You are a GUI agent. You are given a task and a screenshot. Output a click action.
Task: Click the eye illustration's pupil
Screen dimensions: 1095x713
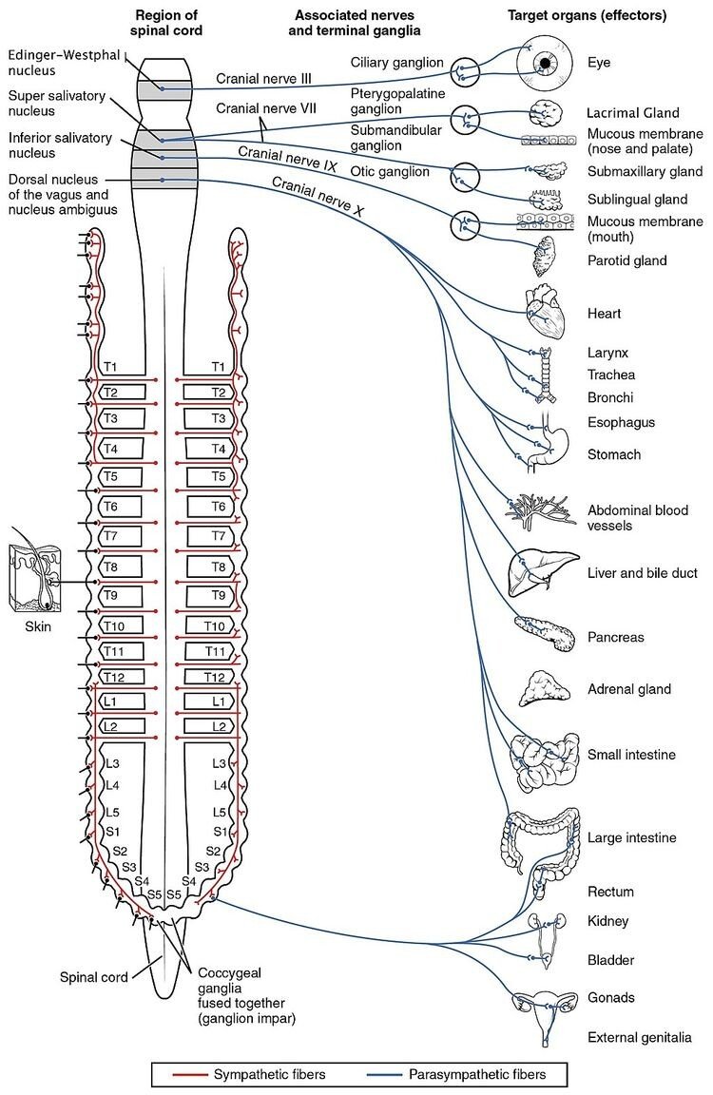pos(546,63)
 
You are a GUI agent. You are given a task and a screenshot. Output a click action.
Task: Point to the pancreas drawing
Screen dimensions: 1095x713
pos(545,632)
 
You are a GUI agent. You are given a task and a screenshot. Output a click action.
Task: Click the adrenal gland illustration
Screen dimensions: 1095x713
pos(542,688)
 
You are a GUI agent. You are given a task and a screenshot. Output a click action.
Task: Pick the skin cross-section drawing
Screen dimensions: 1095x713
pos(35,578)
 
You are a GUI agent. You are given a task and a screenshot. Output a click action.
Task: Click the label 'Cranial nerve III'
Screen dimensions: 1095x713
pos(259,77)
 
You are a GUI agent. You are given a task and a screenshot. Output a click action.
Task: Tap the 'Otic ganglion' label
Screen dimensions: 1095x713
pos(390,172)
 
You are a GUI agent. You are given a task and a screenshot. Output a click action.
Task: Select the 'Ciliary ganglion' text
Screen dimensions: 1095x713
pos(397,63)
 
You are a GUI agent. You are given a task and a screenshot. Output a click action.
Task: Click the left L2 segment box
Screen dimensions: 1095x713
pos(122,727)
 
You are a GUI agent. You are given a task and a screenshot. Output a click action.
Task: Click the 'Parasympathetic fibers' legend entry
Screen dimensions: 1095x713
pos(471,1075)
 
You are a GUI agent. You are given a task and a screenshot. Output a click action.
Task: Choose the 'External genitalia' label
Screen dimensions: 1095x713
pos(639,1038)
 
